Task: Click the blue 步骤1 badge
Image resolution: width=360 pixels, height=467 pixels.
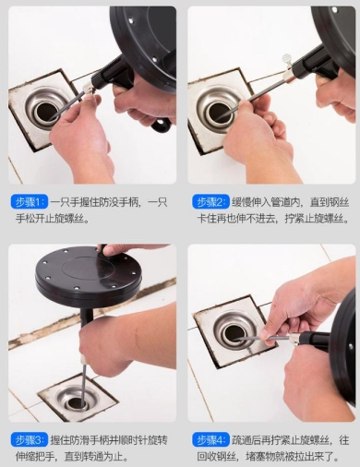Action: pyautogui.click(x=30, y=202)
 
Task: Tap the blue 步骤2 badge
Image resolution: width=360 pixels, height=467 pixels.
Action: pyautogui.click(x=210, y=202)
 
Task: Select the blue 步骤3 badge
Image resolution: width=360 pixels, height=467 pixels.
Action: pyautogui.click(x=30, y=440)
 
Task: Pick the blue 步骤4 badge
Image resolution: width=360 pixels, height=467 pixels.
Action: pyautogui.click(x=210, y=440)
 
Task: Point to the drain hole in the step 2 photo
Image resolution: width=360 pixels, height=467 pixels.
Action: pyautogui.click(x=219, y=113)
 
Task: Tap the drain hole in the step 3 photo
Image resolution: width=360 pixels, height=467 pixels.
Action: pyautogui.click(x=76, y=404)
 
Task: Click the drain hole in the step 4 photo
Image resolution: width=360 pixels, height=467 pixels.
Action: pyautogui.click(x=234, y=334)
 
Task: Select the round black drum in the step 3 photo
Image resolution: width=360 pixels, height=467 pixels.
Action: pyautogui.click(x=89, y=273)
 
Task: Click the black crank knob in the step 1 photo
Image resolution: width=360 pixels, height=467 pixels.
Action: pyautogui.click(x=161, y=126)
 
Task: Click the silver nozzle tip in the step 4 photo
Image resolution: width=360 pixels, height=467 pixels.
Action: pyautogui.click(x=294, y=339)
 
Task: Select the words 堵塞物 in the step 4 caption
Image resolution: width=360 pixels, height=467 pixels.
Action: pyautogui.click(x=260, y=456)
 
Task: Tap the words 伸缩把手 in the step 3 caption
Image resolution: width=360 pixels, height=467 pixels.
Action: pyautogui.click(x=35, y=456)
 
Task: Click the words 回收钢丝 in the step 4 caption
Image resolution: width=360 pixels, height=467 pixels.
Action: pyautogui.click(x=216, y=456)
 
